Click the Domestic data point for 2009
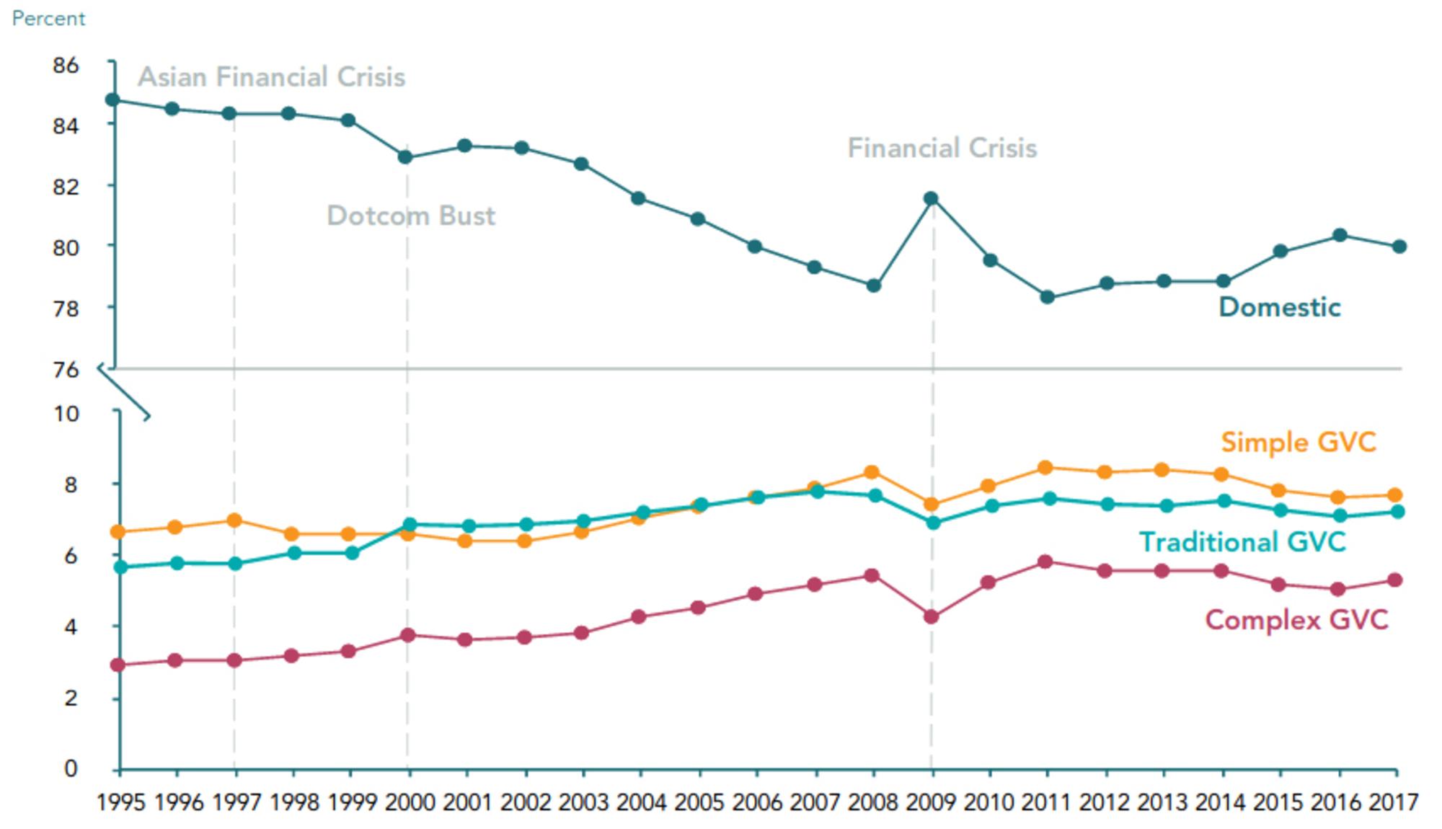pyautogui.click(x=931, y=198)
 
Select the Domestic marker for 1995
pyautogui.click(x=112, y=99)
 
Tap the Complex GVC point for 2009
pyautogui.click(x=931, y=617)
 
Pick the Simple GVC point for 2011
pyautogui.click(x=1046, y=468)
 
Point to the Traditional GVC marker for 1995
pyautogui.click(x=120, y=567)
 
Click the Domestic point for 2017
pyautogui.click(x=1399, y=247)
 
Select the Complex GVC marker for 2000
pyautogui.click(x=407, y=635)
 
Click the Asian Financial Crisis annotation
pyautogui.click(x=271, y=77)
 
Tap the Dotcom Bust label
pyautogui.click(x=411, y=216)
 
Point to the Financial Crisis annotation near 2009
pyautogui.click(x=942, y=148)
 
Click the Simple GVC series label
pyautogui.click(x=1298, y=442)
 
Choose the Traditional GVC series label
pyautogui.click(x=1242, y=542)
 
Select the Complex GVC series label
pyautogui.click(x=1296, y=620)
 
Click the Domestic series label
pyautogui.click(x=1279, y=307)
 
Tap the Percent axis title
pyautogui.click(x=48, y=19)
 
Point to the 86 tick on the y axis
pyautogui.click(x=66, y=65)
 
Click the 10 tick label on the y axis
pyautogui.click(x=66, y=414)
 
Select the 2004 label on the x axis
pyautogui.click(x=641, y=802)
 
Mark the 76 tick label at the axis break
pyautogui.click(x=66, y=370)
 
